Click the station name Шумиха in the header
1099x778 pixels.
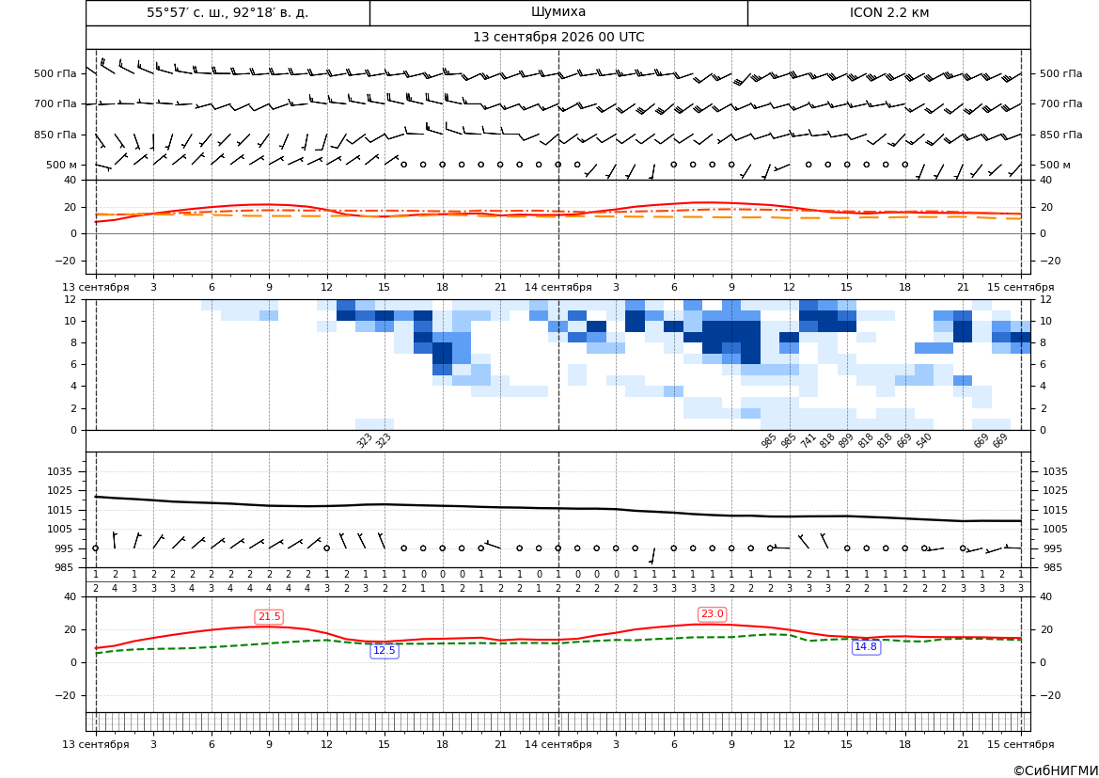[x=557, y=12]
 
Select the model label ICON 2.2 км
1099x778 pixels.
[x=888, y=12]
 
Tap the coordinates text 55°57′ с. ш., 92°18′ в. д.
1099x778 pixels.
[x=228, y=12]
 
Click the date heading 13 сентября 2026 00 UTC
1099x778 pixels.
[x=557, y=38]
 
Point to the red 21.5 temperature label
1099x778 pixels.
[x=269, y=616]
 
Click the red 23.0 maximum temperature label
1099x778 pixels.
[x=712, y=614]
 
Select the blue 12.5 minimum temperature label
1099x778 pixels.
[x=385, y=650]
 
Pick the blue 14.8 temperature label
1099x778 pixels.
[x=866, y=647]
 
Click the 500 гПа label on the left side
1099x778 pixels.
[x=55, y=73]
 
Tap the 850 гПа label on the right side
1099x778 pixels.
[x=1061, y=135]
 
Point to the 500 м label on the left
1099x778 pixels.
[x=61, y=165]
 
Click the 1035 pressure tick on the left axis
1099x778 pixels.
[x=66, y=471]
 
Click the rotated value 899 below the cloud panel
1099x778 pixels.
[x=845, y=440]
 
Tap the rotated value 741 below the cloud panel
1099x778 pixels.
[x=808, y=440]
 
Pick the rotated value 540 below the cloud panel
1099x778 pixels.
[x=923, y=440]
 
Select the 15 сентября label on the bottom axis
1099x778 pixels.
[x=1021, y=744]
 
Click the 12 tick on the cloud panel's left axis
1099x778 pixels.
[x=71, y=299]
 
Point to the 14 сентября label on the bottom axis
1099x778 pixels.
[x=557, y=744]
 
